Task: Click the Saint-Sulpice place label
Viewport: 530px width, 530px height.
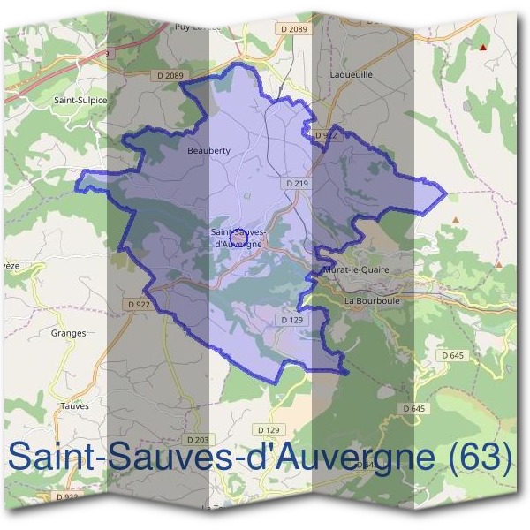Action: [80, 101]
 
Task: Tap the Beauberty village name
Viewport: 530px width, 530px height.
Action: [208, 151]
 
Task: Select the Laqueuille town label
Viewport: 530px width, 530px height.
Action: [351, 75]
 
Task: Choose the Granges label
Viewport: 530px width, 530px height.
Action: [69, 333]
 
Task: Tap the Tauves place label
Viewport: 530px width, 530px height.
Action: [74, 406]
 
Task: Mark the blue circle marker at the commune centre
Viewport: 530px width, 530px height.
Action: [236, 231]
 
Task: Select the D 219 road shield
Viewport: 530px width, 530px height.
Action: [297, 183]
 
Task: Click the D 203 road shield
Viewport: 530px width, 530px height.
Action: [198, 439]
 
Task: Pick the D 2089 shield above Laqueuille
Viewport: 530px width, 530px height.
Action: [298, 29]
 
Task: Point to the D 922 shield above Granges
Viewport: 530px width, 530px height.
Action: [139, 305]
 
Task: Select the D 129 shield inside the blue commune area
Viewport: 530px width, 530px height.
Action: [291, 319]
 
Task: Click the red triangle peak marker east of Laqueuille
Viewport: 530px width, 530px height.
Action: [482, 47]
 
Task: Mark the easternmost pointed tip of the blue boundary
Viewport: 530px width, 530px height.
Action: [445, 190]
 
